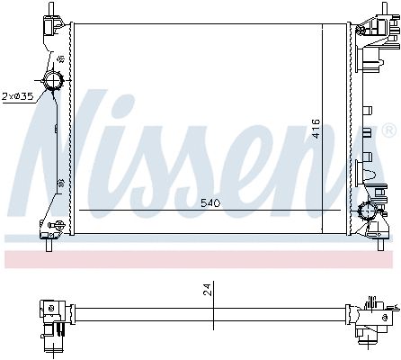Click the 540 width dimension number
click(210, 203)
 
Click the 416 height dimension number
click(316, 129)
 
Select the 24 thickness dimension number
click(207, 289)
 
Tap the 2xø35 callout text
click(17, 96)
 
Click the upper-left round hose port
click(53, 80)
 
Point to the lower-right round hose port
click(368, 211)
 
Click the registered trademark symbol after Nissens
click(389, 130)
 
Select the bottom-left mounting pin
click(49, 245)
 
